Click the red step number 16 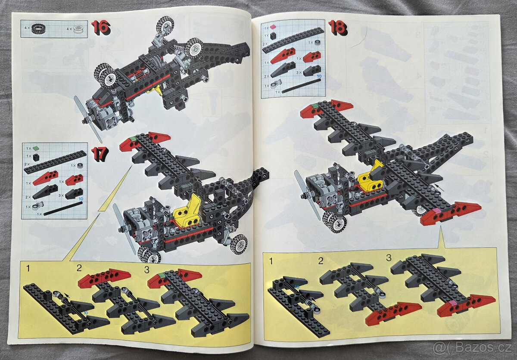click(101, 28)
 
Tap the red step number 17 click(100, 154)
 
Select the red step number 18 click(338, 28)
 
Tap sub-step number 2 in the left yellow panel click(79, 268)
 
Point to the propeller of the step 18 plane click(307, 194)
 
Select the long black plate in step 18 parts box click(293, 40)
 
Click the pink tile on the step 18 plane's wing click(437, 211)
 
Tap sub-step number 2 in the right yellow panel click(321, 261)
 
